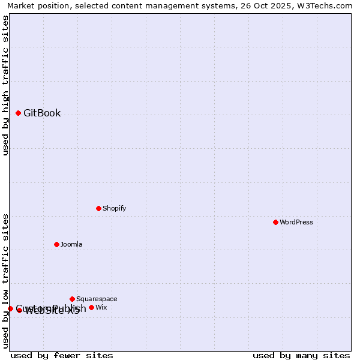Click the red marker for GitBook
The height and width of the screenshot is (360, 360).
pos(18,113)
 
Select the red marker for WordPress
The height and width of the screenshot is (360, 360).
pos(275,222)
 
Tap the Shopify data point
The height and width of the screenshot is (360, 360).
pos(98,208)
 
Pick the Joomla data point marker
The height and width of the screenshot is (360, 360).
pos(56,244)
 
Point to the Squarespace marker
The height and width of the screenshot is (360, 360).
pos(72,299)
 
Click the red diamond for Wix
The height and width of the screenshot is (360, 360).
pos(91,307)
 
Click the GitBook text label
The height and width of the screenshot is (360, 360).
pos(42,113)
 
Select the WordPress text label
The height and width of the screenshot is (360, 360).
pos(296,223)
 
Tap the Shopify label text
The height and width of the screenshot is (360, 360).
pos(114,209)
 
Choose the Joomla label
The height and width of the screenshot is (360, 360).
pos(71,245)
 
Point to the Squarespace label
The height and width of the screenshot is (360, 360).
pos(97,299)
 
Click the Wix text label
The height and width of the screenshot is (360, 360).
pos(101,308)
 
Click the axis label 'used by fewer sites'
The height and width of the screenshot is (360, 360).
pos(62,355)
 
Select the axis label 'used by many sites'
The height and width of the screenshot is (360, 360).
pos(301,355)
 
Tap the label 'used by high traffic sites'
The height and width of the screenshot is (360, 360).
pos(6,85)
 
